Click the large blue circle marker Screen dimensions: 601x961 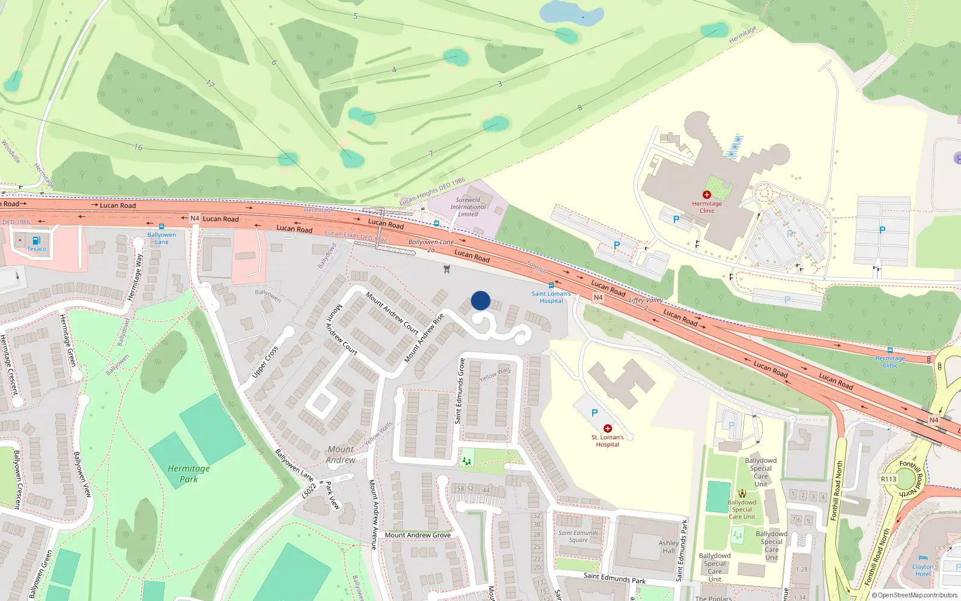(x=480, y=300)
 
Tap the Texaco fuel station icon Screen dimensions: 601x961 (x=37, y=240)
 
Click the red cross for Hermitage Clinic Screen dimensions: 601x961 (x=707, y=195)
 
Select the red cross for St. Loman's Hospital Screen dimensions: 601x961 (x=608, y=429)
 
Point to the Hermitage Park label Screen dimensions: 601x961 (x=189, y=474)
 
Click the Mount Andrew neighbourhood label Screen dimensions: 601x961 (x=341, y=454)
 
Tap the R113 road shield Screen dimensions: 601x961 (x=888, y=479)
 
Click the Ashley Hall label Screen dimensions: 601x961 (x=668, y=546)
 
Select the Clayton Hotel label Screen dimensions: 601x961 (x=923, y=570)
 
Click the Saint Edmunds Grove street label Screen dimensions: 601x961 (x=461, y=391)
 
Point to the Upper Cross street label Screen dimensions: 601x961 (x=265, y=362)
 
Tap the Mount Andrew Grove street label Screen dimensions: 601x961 (x=417, y=535)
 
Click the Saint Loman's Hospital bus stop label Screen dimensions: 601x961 (x=551, y=297)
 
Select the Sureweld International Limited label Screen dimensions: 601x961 (x=468, y=207)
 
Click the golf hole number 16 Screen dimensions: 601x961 (x=139, y=147)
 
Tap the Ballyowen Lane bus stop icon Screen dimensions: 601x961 (x=161, y=227)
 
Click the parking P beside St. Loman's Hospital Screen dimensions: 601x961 (x=595, y=413)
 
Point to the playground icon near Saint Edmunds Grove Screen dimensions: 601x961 (x=467, y=461)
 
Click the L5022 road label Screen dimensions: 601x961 (x=308, y=490)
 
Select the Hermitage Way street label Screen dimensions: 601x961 (x=135, y=277)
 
